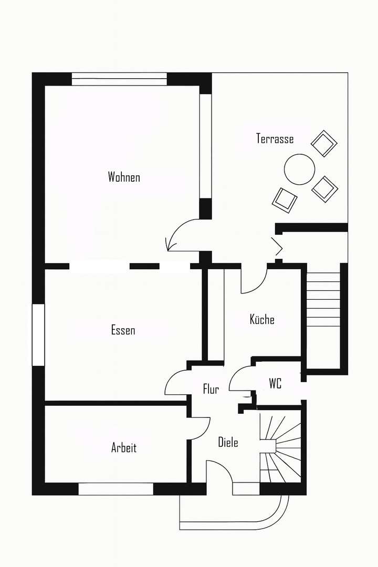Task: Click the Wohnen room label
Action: pyautogui.click(x=124, y=177)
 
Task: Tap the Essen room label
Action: pyautogui.click(x=123, y=330)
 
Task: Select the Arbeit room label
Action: pyautogui.click(x=124, y=448)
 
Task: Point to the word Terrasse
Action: pyautogui.click(x=275, y=139)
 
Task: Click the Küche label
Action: pyautogui.click(x=262, y=319)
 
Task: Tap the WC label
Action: pyautogui.click(x=275, y=384)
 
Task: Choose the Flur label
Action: pyautogui.click(x=211, y=389)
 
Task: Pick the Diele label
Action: pyautogui.click(x=228, y=443)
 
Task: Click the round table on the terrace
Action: pyautogui.click(x=299, y=169)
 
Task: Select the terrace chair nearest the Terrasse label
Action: pyautogui.click(x=324, y=143)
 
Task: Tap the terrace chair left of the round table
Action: pyautogui.click(x=285, y=199)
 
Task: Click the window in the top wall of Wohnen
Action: pyautogui.click(x=119, y=79)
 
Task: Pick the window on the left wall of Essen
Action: pyautogui.click(x=38, y=334)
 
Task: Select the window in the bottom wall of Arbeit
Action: pyautogui.click(x=115, y=489)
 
